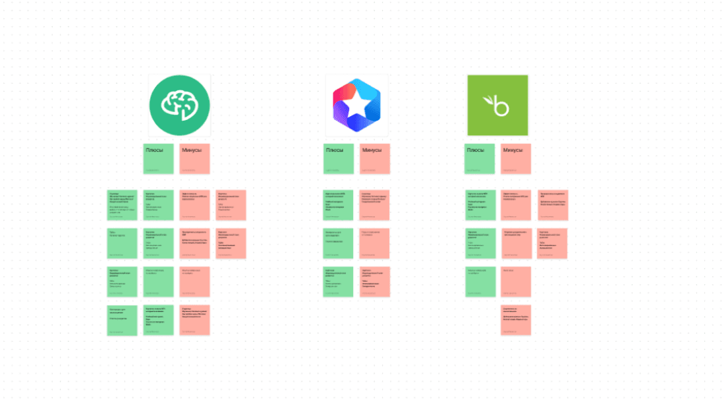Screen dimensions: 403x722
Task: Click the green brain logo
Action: (179, 104)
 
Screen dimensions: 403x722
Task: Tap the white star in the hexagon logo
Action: (356, 105)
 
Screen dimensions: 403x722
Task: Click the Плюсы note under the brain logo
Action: (159, 159)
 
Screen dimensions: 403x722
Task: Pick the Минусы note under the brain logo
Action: (195, 159)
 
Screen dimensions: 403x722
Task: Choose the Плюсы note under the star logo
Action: (339, 159)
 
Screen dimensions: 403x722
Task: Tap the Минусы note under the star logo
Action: (375, 159)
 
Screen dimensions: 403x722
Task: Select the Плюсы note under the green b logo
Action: (480, 159)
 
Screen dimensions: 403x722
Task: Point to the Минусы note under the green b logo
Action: (516, 159)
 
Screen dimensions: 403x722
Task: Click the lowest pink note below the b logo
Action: (516, 320)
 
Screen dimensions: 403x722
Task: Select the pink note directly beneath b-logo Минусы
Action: (516, 205)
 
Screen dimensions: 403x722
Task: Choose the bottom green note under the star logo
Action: (339, 282)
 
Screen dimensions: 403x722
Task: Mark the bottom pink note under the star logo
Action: (375, 282)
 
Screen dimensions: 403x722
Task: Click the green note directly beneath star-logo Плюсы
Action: (339, 205)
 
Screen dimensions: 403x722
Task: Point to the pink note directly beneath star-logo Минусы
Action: (375, 205)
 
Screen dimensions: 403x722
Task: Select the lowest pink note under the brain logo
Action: (195, 320)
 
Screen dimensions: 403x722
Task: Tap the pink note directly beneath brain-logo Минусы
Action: (195, 205)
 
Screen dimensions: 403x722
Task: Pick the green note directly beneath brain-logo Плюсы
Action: (159, 205)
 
